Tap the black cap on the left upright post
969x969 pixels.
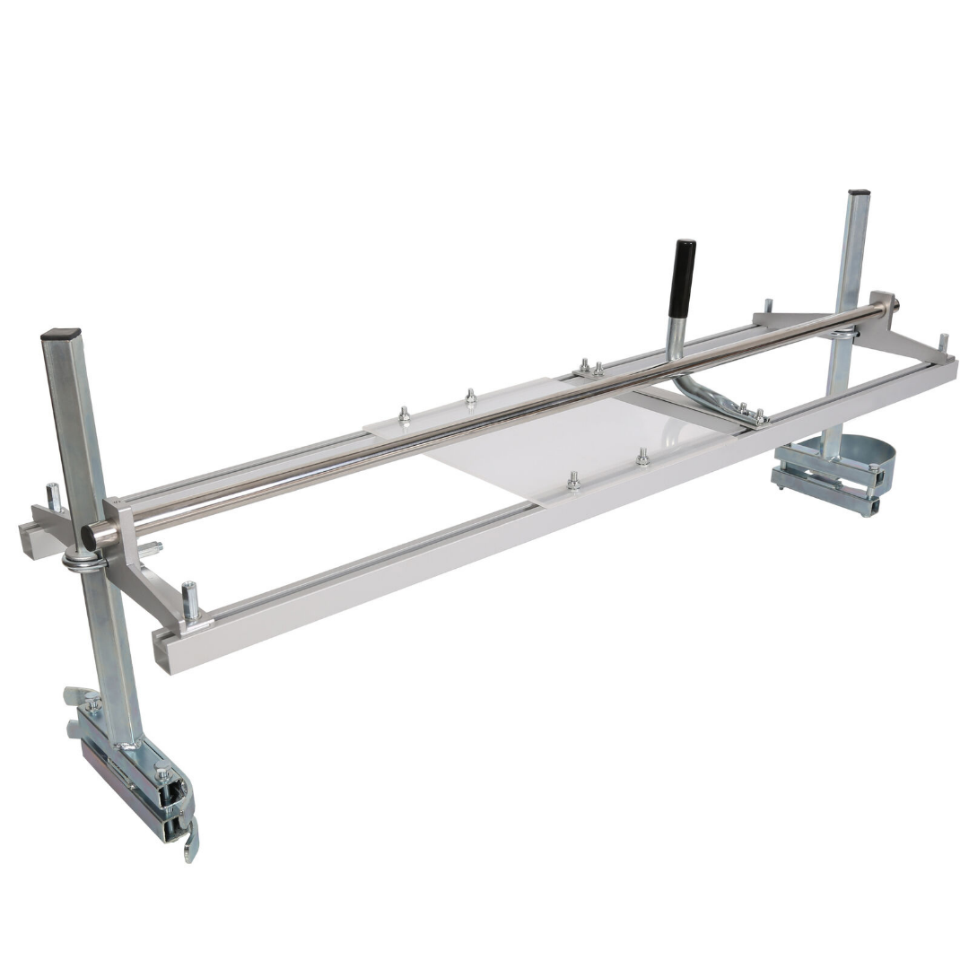coord(60,334)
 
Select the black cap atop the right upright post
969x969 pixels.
coord(859,193)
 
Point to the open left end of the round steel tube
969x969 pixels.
coord(91,537)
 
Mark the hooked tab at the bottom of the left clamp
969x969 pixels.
coord(190,847)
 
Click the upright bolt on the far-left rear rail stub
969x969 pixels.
coord(52,496)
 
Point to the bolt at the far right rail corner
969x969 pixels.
coord(942,344)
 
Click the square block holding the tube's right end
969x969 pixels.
coord(881,304)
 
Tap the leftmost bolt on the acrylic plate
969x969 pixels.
coord(404,415)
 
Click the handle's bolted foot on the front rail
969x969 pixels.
coord(750,415)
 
